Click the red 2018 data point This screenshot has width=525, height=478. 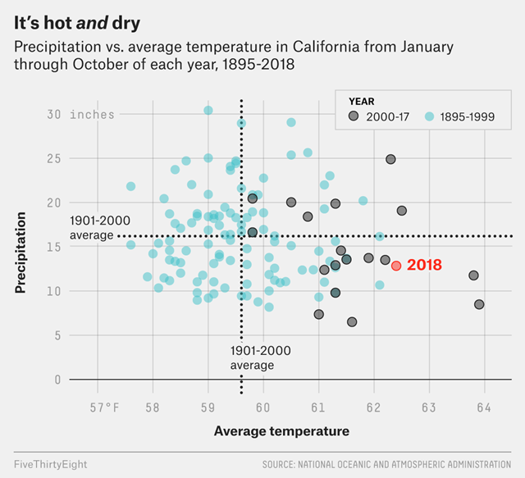point(396,266)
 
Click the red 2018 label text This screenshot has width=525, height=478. point(424,266)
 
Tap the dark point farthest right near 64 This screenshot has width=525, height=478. point(479,304)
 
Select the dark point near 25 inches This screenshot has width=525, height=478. point(390,159)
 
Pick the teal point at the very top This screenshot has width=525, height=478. point(208,110)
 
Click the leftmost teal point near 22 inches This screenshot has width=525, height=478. point(130,186)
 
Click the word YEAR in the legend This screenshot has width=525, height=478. point(362,101)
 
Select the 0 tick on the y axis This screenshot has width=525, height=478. point(58,379)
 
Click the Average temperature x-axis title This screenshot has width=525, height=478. point(281,431)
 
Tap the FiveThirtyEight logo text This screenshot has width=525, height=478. point(51,464)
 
